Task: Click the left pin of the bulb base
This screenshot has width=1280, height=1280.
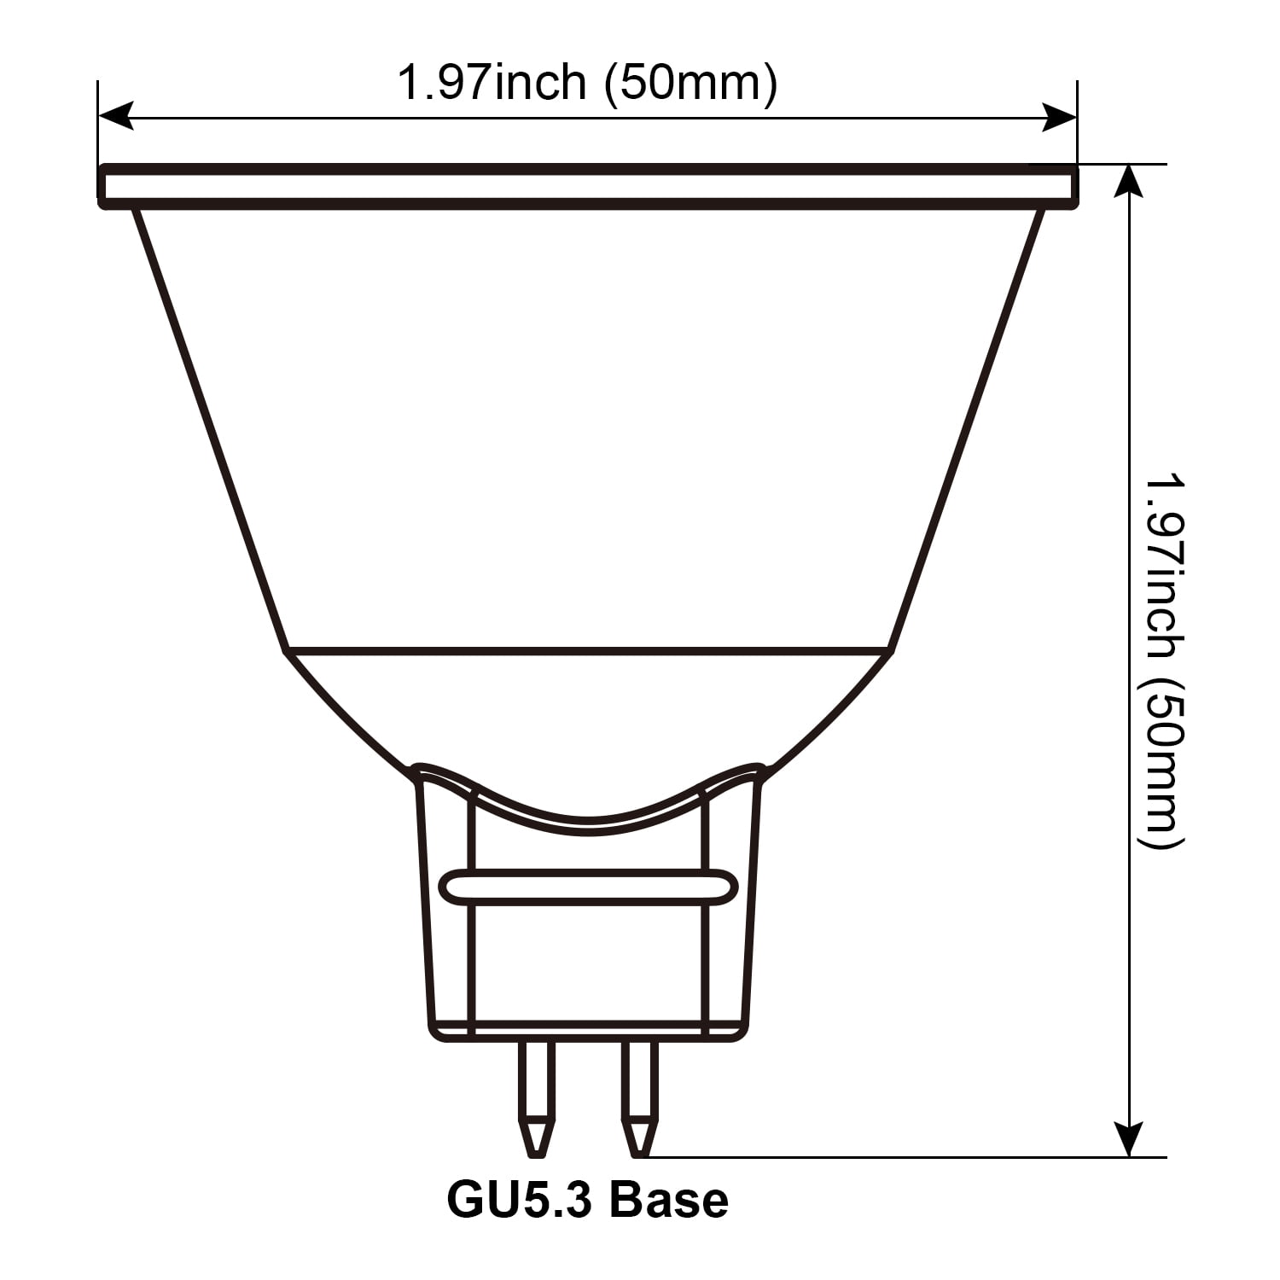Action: (536, 1097)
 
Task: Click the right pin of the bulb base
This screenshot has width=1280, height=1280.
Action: (640, 1097)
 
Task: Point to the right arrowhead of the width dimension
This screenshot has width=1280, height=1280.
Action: (1059, 117)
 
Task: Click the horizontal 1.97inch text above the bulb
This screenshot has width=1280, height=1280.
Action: (492, 83)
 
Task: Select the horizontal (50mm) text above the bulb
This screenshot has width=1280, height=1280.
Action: (691, 84)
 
